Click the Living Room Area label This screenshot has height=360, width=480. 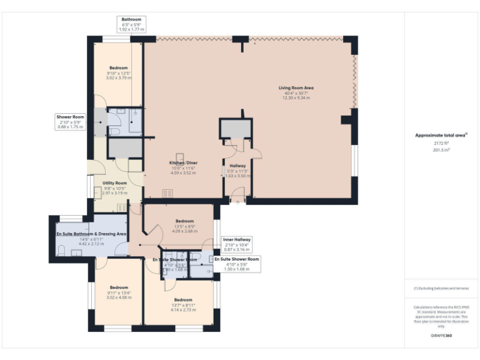point(296,88)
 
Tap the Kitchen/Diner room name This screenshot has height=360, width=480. point(184,162)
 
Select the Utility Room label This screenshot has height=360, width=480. point(114,183)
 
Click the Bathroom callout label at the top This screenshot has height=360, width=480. point(131,19)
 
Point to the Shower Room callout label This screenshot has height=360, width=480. point(70,117)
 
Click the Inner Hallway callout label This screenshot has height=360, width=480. point(237,239)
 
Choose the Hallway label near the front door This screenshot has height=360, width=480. point(237,166)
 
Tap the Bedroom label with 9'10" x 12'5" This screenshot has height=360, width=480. point(119,67)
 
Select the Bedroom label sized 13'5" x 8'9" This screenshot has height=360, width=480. point(184,221)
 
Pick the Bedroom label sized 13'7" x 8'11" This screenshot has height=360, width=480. point(183,299)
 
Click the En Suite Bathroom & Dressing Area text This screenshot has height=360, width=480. point(91,234)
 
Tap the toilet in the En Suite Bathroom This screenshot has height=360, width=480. point(61,251)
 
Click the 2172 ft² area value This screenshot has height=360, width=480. point(441,144)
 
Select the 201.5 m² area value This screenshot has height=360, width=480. point(441,150)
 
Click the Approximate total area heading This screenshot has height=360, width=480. point(441,135)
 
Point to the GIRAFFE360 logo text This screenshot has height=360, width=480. point(441,336)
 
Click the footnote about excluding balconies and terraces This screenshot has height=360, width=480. point(441,288)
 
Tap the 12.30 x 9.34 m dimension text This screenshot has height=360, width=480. point(296,98)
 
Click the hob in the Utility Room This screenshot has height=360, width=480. point(122,207)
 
